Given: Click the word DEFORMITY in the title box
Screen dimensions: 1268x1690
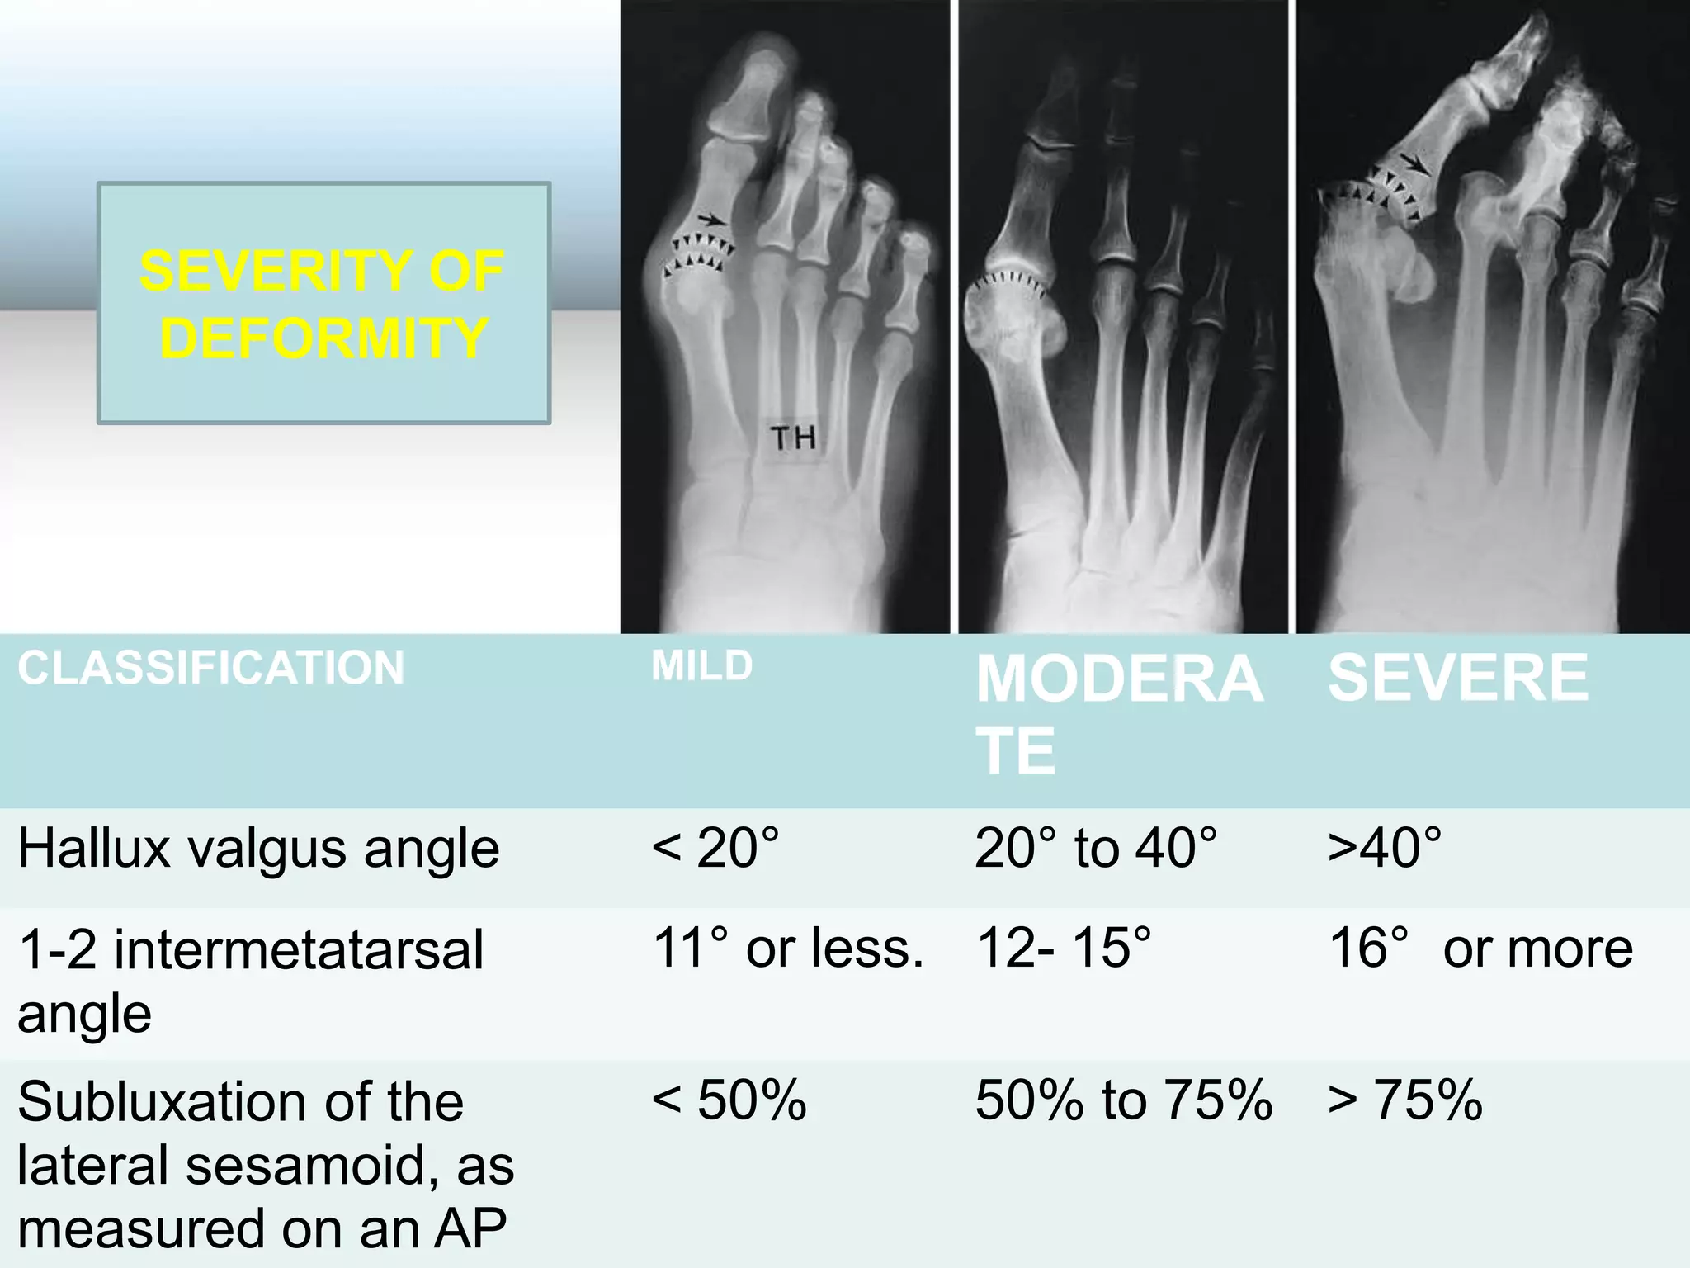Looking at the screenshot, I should (323, 338).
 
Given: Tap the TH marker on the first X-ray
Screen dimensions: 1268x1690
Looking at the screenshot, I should (793, 438).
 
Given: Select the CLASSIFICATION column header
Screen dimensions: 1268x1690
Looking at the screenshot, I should (211, 668).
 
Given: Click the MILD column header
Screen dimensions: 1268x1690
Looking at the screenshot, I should (701, 666).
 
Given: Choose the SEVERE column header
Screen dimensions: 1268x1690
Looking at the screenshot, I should (1457, 678).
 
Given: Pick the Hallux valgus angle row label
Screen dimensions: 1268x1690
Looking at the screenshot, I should (258, 849).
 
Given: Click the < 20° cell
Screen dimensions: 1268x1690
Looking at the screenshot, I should (715, 849).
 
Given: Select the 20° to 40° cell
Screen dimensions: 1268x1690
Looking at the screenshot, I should (1096, 849).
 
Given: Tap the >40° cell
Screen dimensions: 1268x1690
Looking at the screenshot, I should (1385, 849).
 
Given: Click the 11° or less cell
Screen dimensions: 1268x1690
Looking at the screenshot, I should (788, 948).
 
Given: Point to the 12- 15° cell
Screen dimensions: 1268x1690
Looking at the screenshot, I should (1064, 948).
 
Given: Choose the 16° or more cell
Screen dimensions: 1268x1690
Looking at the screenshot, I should (1480, 948).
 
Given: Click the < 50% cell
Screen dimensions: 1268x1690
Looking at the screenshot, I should (729, 1101).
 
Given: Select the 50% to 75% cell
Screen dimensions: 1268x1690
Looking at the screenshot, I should (1124, 1101).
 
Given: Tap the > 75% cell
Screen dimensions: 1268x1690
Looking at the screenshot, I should (1404, 1101).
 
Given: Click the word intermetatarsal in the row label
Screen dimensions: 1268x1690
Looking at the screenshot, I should (299, 949).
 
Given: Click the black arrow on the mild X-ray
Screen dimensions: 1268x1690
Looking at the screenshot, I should (712, 220).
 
